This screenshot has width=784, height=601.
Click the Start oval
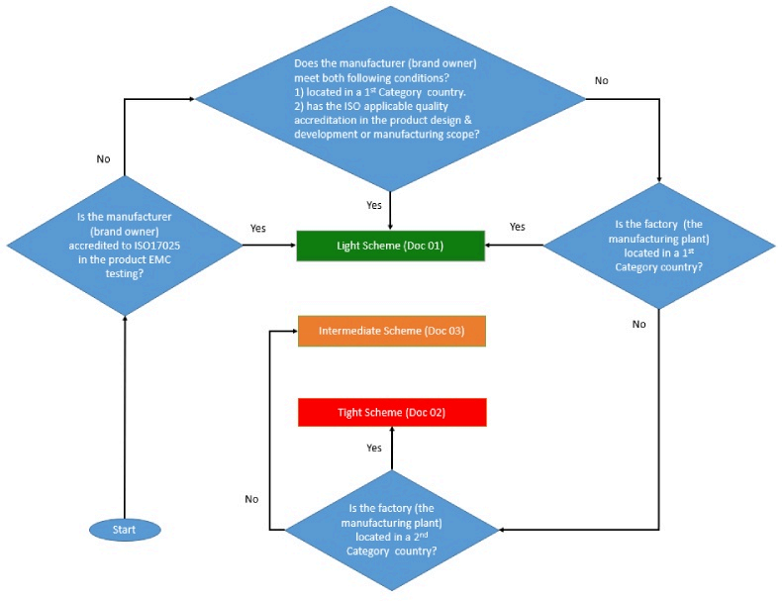tap(124, 530)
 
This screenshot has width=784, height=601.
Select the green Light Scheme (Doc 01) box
tap(391, 246)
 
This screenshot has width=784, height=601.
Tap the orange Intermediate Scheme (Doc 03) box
tap(391, 331)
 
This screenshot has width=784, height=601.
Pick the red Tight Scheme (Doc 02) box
tap(391, 412)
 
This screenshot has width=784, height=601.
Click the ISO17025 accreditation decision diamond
tap(125, 246)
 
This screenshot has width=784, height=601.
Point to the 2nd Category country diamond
tap(392, 530)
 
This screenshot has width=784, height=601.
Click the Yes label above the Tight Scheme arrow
tap(374, 449)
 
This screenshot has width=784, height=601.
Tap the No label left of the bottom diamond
tap(251, 499)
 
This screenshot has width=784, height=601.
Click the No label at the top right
tap(601, 79)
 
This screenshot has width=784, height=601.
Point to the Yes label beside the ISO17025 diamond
tap(257, 229)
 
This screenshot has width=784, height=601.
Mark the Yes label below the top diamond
tap(374, 206)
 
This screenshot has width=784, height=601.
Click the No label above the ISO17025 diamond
tap(104, 157)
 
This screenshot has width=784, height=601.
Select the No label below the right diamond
tap(638, 324)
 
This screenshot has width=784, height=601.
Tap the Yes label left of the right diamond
tap(517, 227)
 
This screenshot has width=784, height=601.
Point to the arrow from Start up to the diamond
tap(125, 416)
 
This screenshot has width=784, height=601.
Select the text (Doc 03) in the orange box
tap(444, 331)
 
